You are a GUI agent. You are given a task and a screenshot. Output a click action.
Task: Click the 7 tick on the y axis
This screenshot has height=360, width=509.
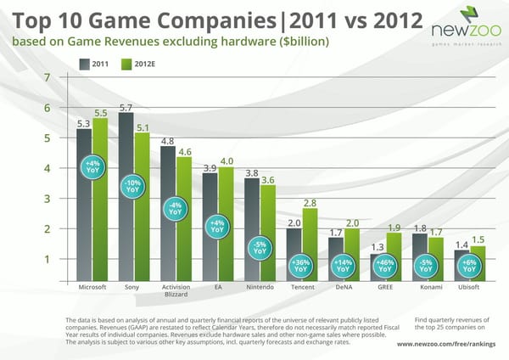59,78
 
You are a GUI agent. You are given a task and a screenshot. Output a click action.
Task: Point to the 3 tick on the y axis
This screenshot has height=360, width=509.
59,199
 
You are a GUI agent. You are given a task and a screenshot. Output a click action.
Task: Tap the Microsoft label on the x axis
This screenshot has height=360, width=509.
92,288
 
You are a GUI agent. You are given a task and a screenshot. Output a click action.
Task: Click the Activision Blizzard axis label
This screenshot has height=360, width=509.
175,291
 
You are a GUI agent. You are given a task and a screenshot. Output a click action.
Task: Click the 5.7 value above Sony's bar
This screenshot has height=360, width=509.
126,108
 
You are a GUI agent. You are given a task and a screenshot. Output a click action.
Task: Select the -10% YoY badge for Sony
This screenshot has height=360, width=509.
133,186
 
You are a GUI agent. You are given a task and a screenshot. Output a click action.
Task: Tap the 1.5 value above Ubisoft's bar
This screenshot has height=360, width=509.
478,239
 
